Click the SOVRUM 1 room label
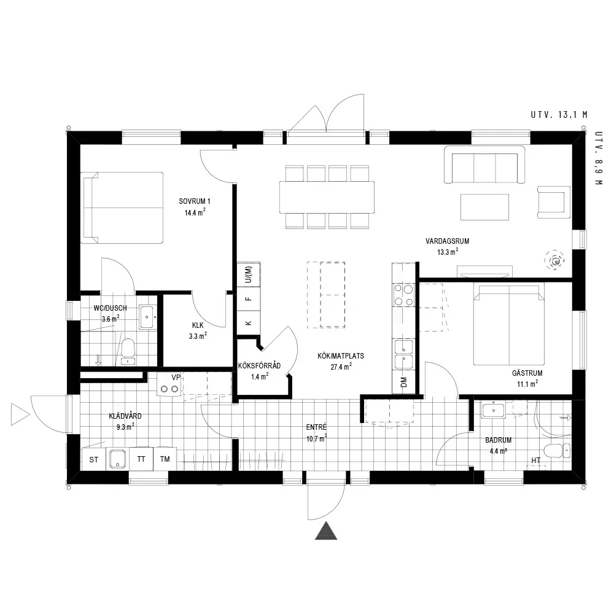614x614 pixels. tap(195, 201)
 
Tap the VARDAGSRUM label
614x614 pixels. tap(447, 241)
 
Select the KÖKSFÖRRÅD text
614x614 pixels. tap(259, 366)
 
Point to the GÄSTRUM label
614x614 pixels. tap(527, 373)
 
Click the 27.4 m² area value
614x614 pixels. tap(341, 367)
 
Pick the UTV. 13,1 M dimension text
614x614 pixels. tap(559, 115)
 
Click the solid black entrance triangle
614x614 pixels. tap(326, 530)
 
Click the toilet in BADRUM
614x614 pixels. tap(557, 451)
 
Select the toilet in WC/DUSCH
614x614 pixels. tap(128, 351)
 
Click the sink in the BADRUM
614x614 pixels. tap(493, 410)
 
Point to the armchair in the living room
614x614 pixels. tap(554, 201)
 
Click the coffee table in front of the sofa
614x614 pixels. tap(484, 207)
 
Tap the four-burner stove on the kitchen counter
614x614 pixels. tap(404, 295)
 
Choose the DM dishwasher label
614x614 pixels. tap(404, 382)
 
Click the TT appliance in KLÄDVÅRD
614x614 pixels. tap(141, 459)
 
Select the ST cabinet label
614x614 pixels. tap(93, 460)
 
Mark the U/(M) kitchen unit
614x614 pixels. tap(249, 274)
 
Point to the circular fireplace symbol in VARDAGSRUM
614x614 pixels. tap(555, 260)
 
